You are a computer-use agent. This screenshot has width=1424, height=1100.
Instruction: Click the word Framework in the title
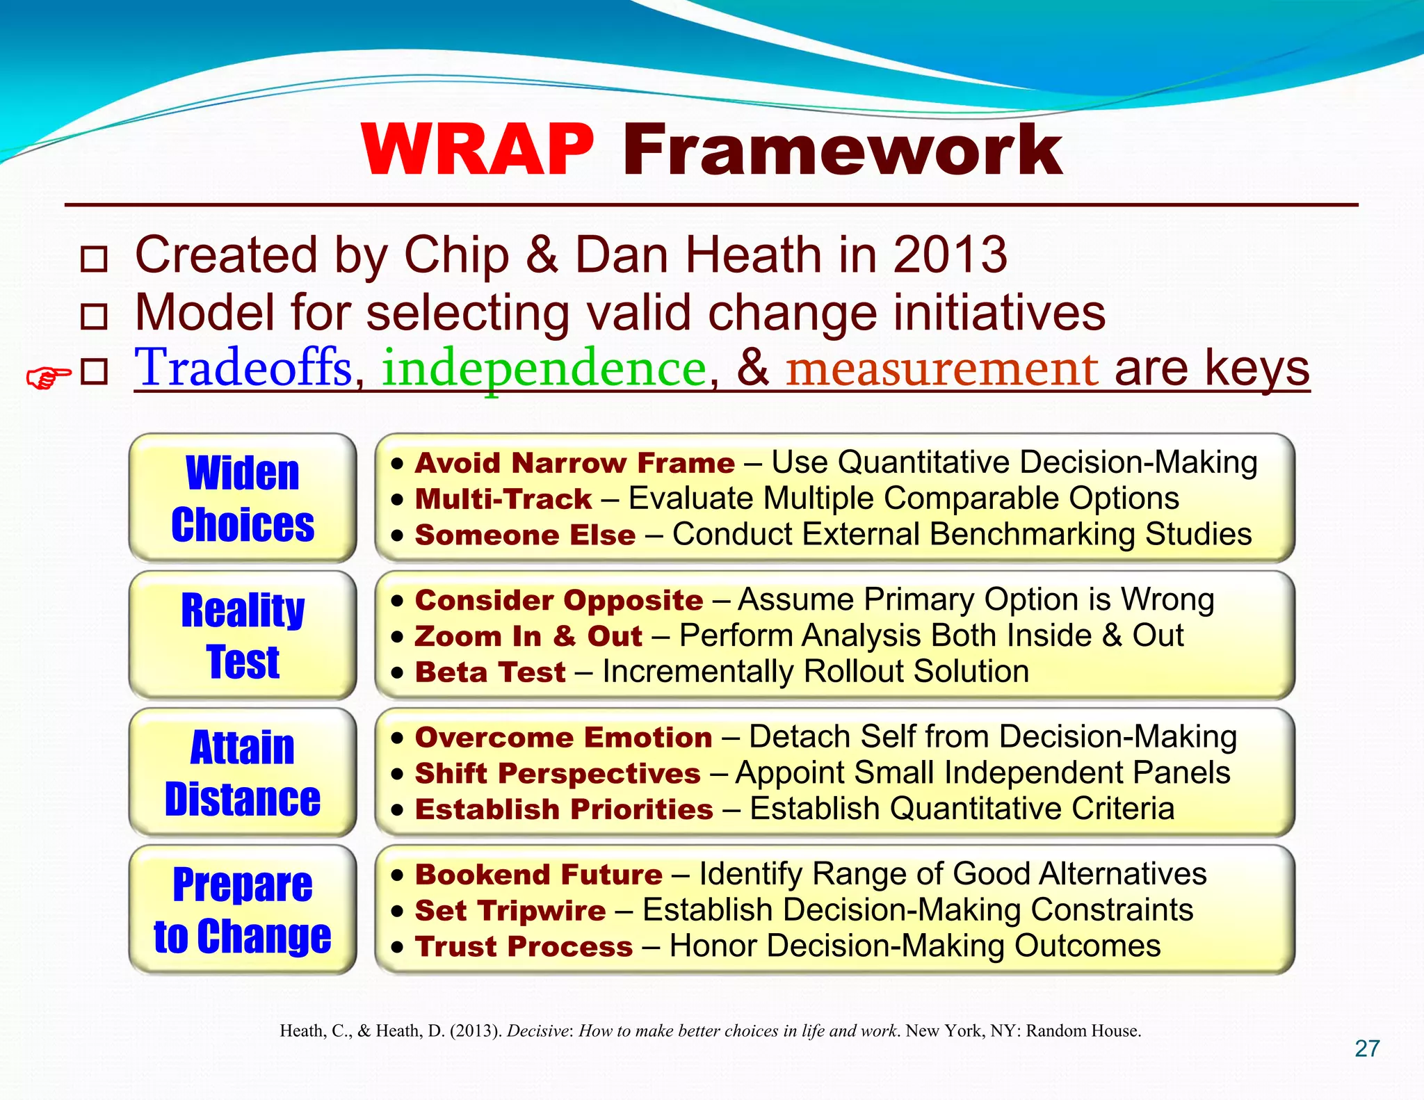click(x=841, y=150)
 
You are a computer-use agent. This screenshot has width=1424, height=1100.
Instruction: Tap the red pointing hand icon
click(x=48, y=378)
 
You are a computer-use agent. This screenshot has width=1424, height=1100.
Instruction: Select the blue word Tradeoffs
click(x=244, y=368)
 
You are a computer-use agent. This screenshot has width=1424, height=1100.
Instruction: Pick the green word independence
click(x=544, y=369)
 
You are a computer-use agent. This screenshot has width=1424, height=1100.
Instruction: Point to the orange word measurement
click(x=942, y=369)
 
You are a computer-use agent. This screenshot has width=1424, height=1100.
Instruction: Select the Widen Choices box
click(x=243, y=498)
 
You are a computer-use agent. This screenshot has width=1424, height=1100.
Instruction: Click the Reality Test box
click(x=243, y=635)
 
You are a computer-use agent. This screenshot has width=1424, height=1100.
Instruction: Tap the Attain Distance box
click(x=243, y=773)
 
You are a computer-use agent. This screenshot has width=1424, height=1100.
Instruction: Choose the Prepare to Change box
click(x=243, y=909)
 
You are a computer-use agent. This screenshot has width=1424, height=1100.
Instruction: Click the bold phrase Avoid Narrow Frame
click(x=574, y=463)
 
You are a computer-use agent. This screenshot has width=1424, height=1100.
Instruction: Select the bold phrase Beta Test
click(x=490, y=672)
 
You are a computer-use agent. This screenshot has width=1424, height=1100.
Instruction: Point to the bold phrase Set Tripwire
click(x=510, y=911)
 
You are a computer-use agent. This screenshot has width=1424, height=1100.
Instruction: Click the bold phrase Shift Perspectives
click(x=558, y=774)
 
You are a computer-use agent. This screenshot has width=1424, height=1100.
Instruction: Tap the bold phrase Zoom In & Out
click(x=528, y=636)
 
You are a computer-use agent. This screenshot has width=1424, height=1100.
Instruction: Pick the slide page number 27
click(x=1367, y=1049)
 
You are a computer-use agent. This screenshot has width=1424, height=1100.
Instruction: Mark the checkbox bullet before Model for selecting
click(x=94, y=316)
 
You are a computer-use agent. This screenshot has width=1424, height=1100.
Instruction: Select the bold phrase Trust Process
click(x=524, y=947)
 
